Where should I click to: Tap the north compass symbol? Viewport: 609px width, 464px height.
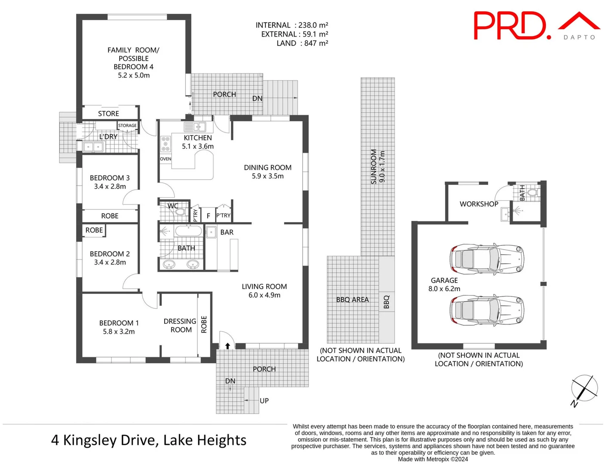[x=584, y=389]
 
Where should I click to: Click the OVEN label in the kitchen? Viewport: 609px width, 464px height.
[x=166, y=159]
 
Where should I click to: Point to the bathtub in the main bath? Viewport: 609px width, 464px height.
[x=188, y=232]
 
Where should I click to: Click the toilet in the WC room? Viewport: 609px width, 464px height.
[x=180, y=212]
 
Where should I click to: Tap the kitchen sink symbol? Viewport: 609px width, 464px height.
[x=195, y=127]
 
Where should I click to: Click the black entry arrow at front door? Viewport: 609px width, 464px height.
[x=228, y=346]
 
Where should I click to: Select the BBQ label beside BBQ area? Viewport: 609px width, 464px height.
[x=386, y=301]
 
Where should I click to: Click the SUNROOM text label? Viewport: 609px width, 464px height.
[x=374, y=167]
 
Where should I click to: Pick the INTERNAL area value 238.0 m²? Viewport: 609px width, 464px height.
[x=313, y=25]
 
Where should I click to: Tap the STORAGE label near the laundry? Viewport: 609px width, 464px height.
[x=127, y=125]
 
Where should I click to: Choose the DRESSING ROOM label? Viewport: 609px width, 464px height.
[x=180, y=325]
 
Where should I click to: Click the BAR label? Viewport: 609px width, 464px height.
[x=227, y=232]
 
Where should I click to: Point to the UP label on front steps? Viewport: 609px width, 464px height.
[x=264, y=400]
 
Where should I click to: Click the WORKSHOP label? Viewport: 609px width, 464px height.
[x=479, y=204]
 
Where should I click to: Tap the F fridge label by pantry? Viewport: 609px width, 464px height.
[x=209, y=216]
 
